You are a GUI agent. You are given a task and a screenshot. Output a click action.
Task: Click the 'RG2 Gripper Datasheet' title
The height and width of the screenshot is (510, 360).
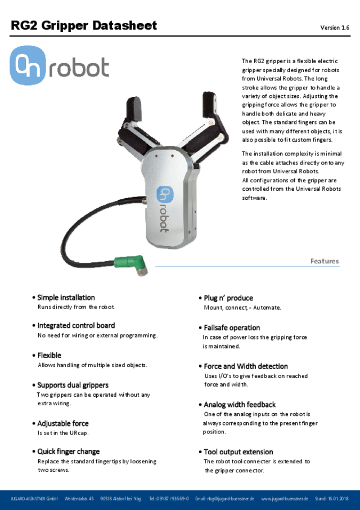pos(84,26)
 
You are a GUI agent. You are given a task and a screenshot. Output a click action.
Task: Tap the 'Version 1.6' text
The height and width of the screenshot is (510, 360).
pos(335,28)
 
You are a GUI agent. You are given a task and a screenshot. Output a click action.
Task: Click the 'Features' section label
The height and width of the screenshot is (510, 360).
pos(325,261)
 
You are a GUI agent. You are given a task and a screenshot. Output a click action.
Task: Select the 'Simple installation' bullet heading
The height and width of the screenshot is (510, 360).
pos(66,297)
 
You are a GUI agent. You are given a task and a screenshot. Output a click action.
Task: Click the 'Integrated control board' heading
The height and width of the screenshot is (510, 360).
pos(76,325)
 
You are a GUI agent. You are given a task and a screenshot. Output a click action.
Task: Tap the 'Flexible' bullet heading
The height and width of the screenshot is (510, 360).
pos(49,355)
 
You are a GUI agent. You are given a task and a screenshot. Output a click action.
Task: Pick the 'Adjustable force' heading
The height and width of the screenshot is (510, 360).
pos(63,423)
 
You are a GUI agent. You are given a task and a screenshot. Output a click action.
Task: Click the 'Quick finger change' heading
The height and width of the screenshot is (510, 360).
pos(68,451)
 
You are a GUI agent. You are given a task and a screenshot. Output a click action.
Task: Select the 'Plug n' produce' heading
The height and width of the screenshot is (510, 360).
pos(228,298)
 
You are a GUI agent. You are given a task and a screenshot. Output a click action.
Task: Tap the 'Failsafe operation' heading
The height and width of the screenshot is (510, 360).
pos(232,328)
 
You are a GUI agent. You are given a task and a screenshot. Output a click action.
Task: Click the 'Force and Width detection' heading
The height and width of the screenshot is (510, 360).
pos(246,366)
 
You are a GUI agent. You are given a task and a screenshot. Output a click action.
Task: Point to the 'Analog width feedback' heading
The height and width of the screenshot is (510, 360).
pos(240,404)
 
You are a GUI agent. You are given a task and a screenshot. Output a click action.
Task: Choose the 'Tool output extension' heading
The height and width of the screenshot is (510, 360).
pos(238,451)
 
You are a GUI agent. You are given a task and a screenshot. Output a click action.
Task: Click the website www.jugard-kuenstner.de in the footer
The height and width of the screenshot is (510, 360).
pos(284,499)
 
